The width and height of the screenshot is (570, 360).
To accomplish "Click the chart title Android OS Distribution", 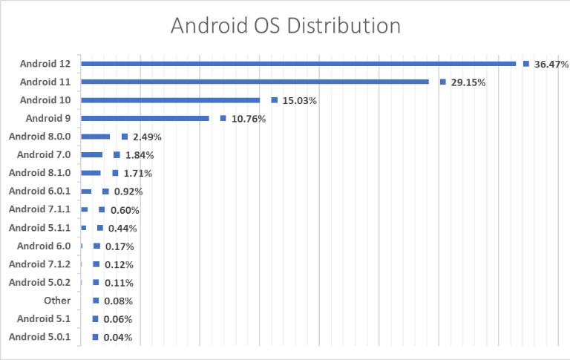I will [x=285, y=26].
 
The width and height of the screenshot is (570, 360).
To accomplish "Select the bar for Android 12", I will [x=297, y=64].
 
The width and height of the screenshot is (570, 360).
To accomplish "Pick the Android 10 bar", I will [x=170, y=100].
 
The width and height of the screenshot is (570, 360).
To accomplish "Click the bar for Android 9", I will [x=145, y=118].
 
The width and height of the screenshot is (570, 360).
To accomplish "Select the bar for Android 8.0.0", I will [x=95, y=137].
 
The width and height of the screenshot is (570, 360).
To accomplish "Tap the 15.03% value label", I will [x=299, y=101].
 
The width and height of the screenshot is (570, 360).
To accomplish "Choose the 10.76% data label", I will [x=248, y=119].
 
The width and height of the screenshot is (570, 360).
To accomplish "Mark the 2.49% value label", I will [x=147, y=137].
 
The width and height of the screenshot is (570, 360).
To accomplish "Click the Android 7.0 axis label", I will [x=44, y=154].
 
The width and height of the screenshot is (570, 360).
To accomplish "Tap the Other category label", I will [x=57, y=301].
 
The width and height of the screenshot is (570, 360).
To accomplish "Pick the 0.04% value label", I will [x=118, y=338].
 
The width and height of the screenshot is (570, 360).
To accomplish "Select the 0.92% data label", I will [x=128, y=192].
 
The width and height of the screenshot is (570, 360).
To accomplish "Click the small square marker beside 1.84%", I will [x=117, y=155].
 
